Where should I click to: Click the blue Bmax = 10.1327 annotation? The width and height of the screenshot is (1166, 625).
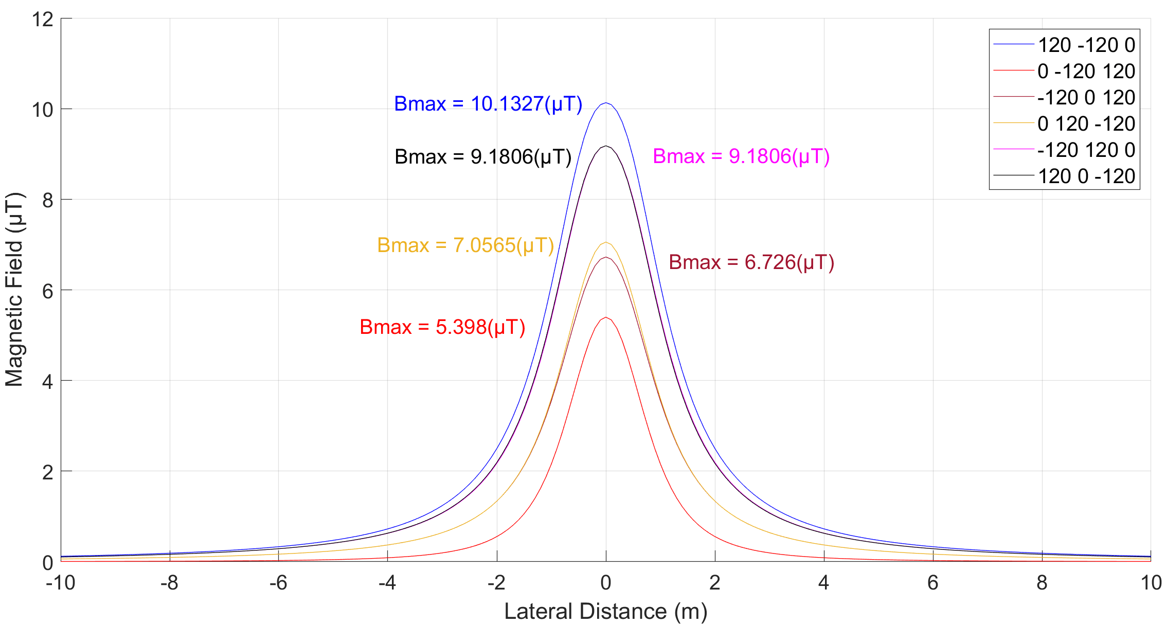point(488,104)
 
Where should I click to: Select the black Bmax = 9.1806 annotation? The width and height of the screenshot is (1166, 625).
point(482,157)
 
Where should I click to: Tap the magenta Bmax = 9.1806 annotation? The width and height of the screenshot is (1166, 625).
point(741,156)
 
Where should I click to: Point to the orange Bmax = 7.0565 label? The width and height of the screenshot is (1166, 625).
point(465,245)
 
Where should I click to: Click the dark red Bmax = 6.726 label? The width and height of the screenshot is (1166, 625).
point(751,262)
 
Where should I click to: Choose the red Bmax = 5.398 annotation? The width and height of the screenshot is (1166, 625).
point(442,327)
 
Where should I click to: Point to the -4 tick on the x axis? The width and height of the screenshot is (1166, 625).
point(387,583)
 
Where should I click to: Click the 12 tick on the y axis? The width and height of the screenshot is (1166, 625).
point(43,20)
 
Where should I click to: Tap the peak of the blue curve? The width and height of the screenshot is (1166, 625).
point(606,103)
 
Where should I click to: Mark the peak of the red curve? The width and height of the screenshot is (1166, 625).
point(606,317)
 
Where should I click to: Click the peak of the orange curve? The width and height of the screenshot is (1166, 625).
point(606,242)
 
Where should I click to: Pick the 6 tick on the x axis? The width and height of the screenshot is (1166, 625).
point(932,583)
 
